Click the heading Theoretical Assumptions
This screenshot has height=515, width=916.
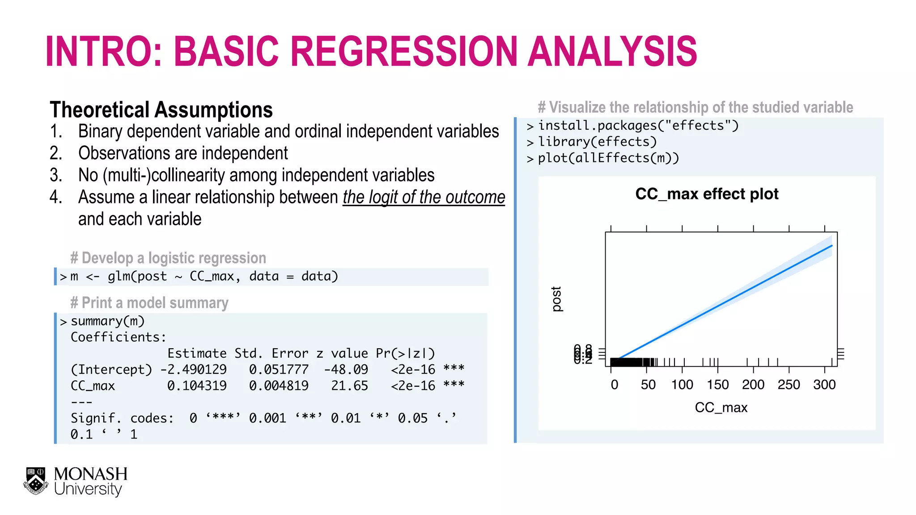[x=161, y=110]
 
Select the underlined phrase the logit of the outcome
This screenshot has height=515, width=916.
[x=424, y=197]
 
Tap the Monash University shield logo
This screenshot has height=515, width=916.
[x=36, y=481]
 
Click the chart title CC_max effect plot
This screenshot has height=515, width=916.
[x=707, y=194]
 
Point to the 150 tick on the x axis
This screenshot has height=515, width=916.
[x=717, y=384]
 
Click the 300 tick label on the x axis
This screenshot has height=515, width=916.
[x=824, y=384]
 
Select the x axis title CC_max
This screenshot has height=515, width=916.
[x=721, y=408]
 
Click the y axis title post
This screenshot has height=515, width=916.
[x=556, y=299]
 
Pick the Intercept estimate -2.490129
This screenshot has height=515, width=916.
[x=193, y=370]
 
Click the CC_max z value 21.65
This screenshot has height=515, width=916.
[x=349, y=386]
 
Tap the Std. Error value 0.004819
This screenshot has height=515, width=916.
[x=279, y=386]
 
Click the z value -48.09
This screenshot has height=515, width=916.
[x=346, y=370]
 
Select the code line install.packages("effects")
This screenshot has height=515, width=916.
[x=638, y=126]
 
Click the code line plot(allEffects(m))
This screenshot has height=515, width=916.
[x=608, y=158]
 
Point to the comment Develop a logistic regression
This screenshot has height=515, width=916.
[x=168, y=258]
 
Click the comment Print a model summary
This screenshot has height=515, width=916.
[x=149, y=303]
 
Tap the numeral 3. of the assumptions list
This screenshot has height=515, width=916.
[x=56, y=175]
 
